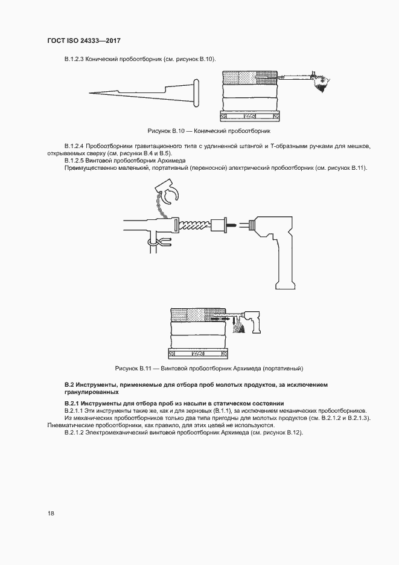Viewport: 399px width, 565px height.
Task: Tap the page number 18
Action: click(51, 513)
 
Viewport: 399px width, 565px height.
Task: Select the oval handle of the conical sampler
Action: click(197, 92)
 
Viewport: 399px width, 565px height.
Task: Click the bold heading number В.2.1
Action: click(74, 403)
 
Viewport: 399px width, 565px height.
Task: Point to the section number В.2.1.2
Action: click(76, 433)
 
